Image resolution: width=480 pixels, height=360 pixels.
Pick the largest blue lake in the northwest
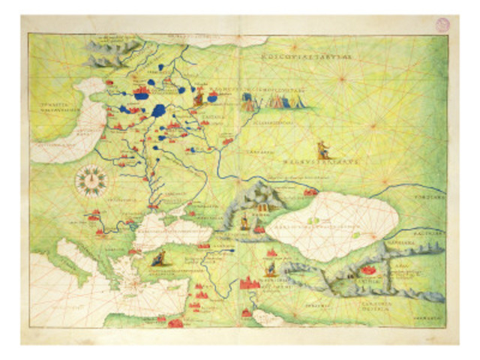[x=158, y=111]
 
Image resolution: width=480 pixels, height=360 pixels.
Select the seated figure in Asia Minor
[x=159, y=259]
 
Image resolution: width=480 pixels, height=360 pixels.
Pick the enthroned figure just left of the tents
[x=199, y=96]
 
